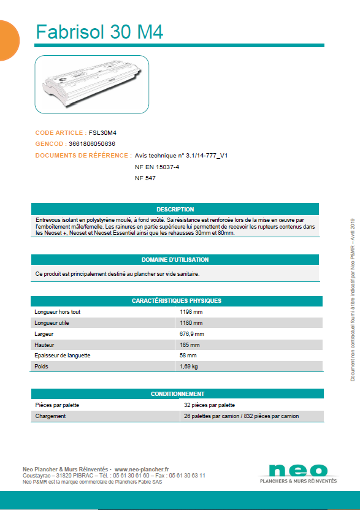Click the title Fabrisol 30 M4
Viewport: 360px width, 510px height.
click(99, 31)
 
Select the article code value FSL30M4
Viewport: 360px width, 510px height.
click(102, 132)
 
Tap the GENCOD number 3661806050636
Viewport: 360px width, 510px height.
click(101, 143)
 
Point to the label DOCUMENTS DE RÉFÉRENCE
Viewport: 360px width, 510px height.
click(83, 156)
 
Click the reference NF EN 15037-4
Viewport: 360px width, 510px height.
click(156, 167)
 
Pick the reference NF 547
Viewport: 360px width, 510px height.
click(145, 178)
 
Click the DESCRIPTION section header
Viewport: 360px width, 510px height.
click(175, 210)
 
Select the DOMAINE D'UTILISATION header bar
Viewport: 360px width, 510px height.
click(175, 260)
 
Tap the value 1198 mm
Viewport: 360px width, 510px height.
click(191, 312)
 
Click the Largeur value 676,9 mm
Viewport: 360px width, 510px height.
click(191, 334)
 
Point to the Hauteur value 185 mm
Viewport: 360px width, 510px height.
click(189, 344)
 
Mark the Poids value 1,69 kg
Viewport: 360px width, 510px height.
click(188, 367)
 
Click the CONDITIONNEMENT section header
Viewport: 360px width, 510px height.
click(177, 394)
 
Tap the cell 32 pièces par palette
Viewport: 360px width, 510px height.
click(209, 405)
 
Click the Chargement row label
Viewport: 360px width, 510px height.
click(52, 416)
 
